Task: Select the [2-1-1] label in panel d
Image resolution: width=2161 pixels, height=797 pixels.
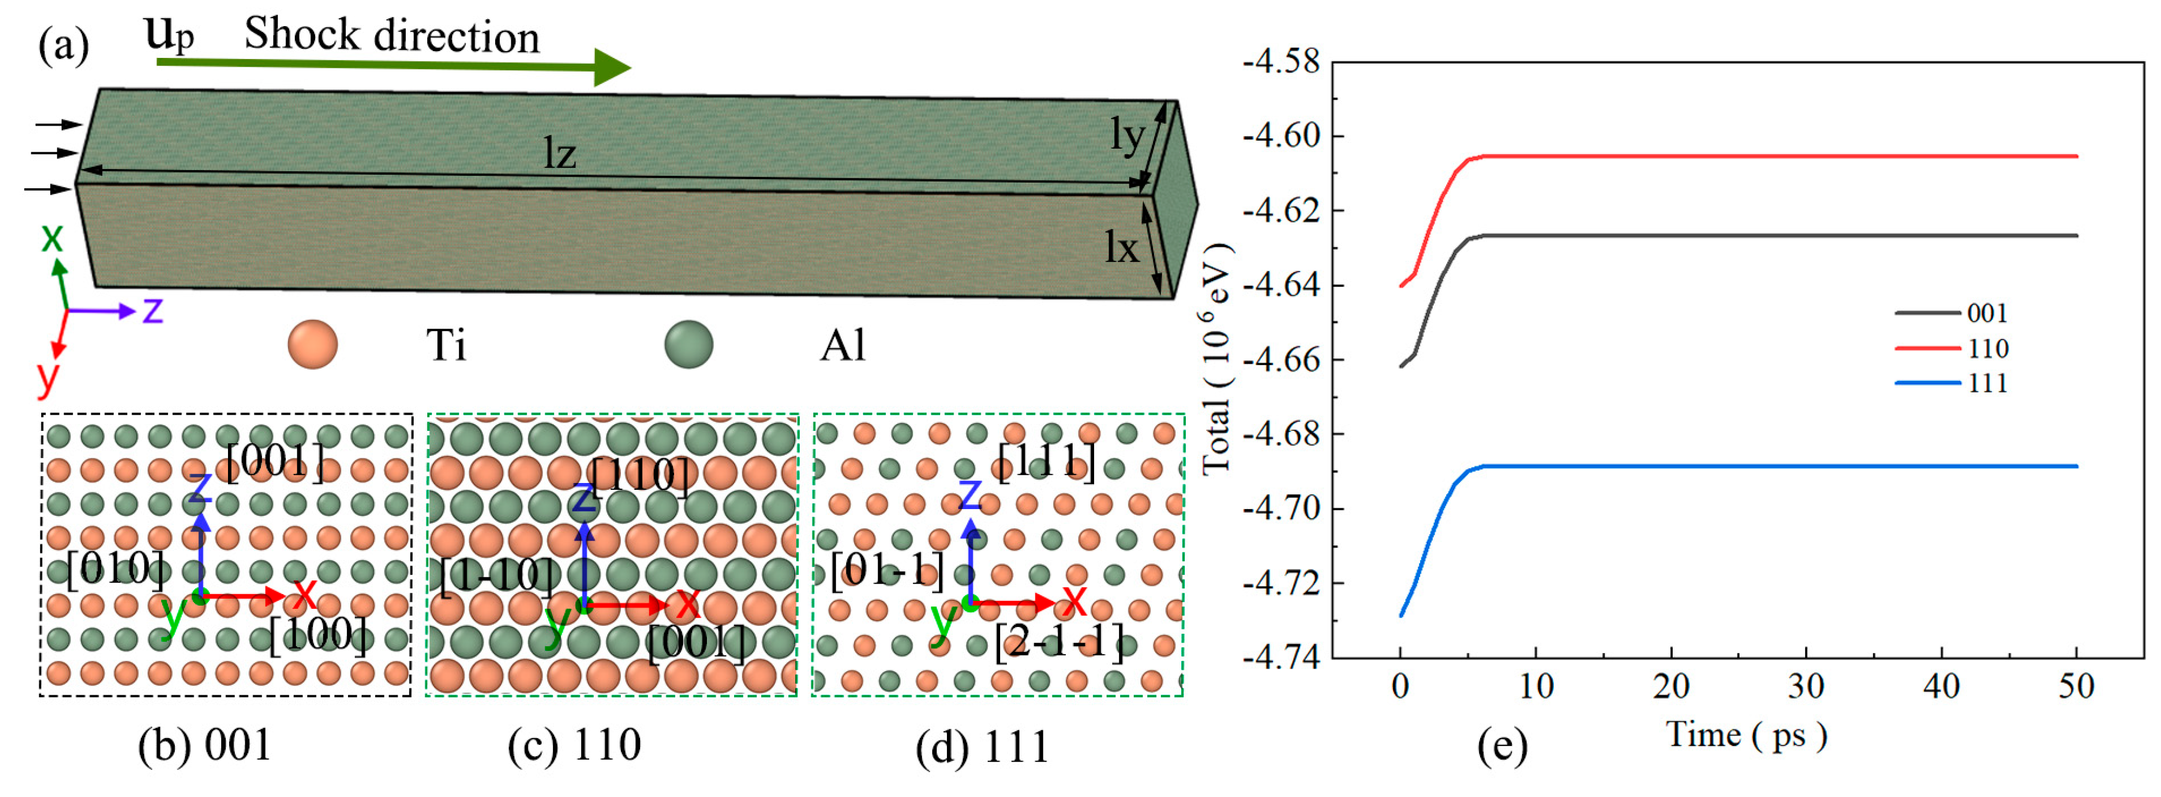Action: [1059, 644]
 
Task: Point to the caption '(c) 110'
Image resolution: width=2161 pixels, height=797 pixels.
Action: [574, 745]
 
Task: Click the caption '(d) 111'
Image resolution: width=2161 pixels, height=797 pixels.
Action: [982, 746]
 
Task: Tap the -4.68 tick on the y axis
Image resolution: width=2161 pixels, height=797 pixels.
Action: [1281, 434]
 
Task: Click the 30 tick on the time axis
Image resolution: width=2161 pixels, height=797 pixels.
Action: [1806, 686]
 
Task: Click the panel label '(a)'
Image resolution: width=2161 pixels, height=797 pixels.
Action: [63, 45]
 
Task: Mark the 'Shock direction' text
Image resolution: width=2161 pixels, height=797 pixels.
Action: [392, 35]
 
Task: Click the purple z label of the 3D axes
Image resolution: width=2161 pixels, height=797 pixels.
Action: [153, 310]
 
